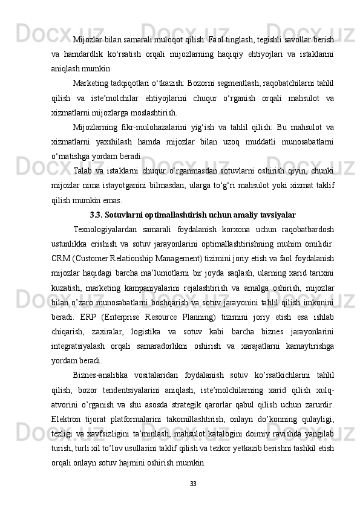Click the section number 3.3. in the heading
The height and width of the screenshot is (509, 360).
[99, 214]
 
